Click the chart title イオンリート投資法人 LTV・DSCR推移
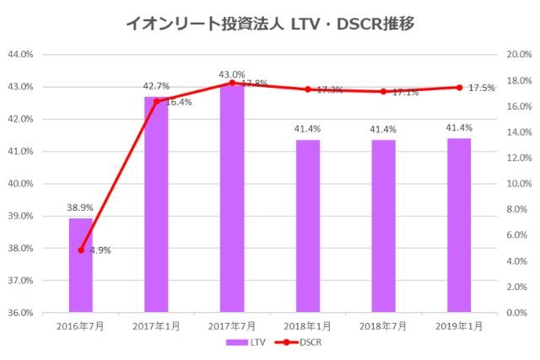coord(269,23)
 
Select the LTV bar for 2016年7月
coord(81,266)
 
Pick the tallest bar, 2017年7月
coord(232,199)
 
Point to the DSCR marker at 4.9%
coord(81,250)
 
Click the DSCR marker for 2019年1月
coord(459,87)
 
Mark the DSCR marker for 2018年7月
coord(383,92)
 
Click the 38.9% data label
coord(81,207)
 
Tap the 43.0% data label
coord(232,74)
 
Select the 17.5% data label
coord(483,88)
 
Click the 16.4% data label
coord(179,102)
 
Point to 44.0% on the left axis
coord(19,54)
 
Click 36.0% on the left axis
coord(19,313)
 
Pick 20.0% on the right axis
coord(516,54)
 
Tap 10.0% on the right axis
coord(516,184)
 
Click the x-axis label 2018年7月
coord(383,325)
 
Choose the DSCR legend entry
coord(299,343)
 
